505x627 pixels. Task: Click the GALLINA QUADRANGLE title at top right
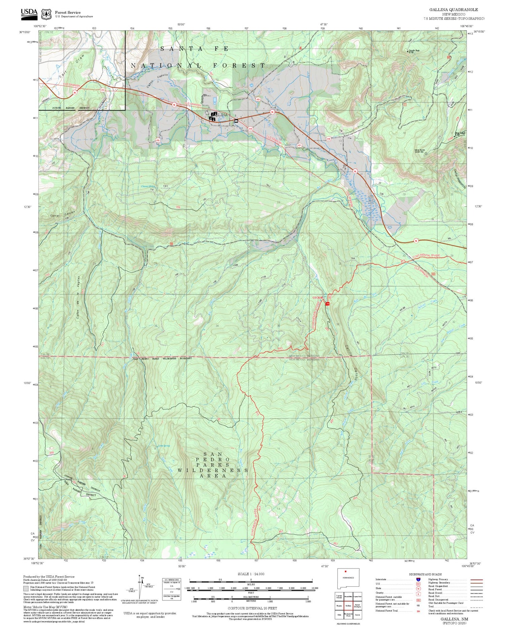453,10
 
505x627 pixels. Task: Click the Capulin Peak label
414,51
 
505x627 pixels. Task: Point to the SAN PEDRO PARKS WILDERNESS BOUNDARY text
163,358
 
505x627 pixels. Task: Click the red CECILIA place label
318,298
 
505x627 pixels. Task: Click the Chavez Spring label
148,186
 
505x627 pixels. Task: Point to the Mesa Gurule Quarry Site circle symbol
426,154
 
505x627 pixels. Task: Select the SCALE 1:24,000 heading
251,574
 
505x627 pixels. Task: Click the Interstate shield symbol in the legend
418,580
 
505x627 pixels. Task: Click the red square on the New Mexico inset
345,571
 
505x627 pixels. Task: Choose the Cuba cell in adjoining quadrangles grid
339,614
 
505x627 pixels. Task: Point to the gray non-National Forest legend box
26,588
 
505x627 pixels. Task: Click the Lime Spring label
164,446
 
